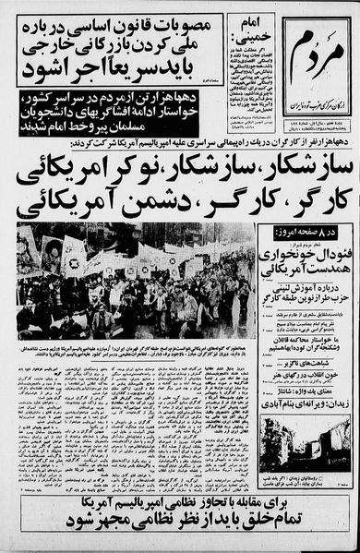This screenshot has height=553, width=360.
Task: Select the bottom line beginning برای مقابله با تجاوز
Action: (x=180, y=510)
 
